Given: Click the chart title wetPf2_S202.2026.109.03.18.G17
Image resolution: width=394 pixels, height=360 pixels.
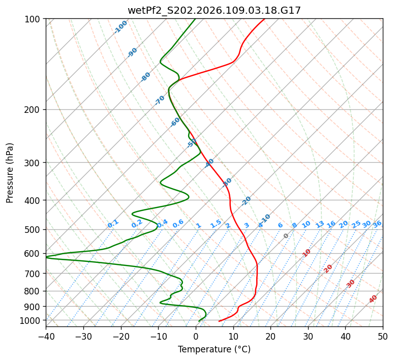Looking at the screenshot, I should tap(214, 10).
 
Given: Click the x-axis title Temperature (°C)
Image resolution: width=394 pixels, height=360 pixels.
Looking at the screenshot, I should tap(214, 349).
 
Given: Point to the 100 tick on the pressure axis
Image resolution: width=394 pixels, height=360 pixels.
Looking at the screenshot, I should tap(34, 19).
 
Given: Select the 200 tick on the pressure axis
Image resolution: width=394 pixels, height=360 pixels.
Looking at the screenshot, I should tap(34, 110).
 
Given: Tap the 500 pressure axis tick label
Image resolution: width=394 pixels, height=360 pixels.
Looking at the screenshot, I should tap(34, 230).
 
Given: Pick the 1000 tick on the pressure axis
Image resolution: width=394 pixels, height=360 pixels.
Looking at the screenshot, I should tap(32, 320).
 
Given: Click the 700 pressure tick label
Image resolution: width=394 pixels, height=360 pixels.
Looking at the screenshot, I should tap(34, 274).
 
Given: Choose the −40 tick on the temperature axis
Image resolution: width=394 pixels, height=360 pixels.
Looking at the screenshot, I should tap(46, 336).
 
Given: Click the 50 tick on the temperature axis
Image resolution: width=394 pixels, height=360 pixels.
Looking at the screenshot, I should tap(383, 336).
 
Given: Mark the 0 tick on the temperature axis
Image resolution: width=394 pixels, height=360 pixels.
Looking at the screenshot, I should tap(196, 336).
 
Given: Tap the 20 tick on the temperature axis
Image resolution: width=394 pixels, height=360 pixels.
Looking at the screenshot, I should tap(270, 336).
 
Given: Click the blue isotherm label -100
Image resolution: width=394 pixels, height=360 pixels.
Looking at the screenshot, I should tap(121, 27).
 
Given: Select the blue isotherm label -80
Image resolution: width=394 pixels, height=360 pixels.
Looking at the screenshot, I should tap(146, 77).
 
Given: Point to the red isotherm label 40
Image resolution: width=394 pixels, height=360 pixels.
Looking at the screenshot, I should tap(373, 299).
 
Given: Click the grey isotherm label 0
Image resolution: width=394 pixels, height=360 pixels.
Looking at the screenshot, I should tap(286, 236).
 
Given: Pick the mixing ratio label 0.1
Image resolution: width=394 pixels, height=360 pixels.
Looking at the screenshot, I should tap(113, 224).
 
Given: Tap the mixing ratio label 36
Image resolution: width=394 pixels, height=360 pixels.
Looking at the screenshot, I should tap(377, 224).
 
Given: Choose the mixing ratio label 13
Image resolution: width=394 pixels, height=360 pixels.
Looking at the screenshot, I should tap(320, 224).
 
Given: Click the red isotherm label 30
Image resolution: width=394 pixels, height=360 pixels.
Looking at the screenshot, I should tap(351, 284).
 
